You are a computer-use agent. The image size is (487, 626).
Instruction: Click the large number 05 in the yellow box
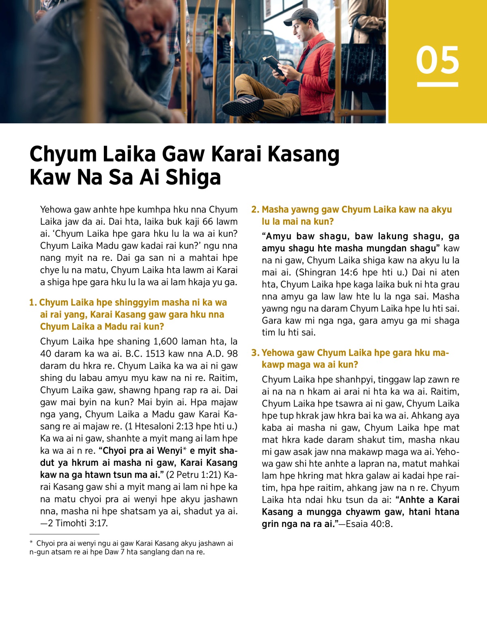[437, 60]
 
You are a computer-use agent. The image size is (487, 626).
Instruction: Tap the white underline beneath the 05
[437, 84]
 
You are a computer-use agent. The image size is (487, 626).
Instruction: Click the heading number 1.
[33, 303]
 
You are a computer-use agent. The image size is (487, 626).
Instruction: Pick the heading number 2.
[255, 210]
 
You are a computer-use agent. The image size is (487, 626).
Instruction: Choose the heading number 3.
[255, 353]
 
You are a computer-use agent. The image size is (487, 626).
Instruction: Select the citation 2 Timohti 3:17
[78, 523]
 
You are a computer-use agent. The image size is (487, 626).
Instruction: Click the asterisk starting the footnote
[31, 543]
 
